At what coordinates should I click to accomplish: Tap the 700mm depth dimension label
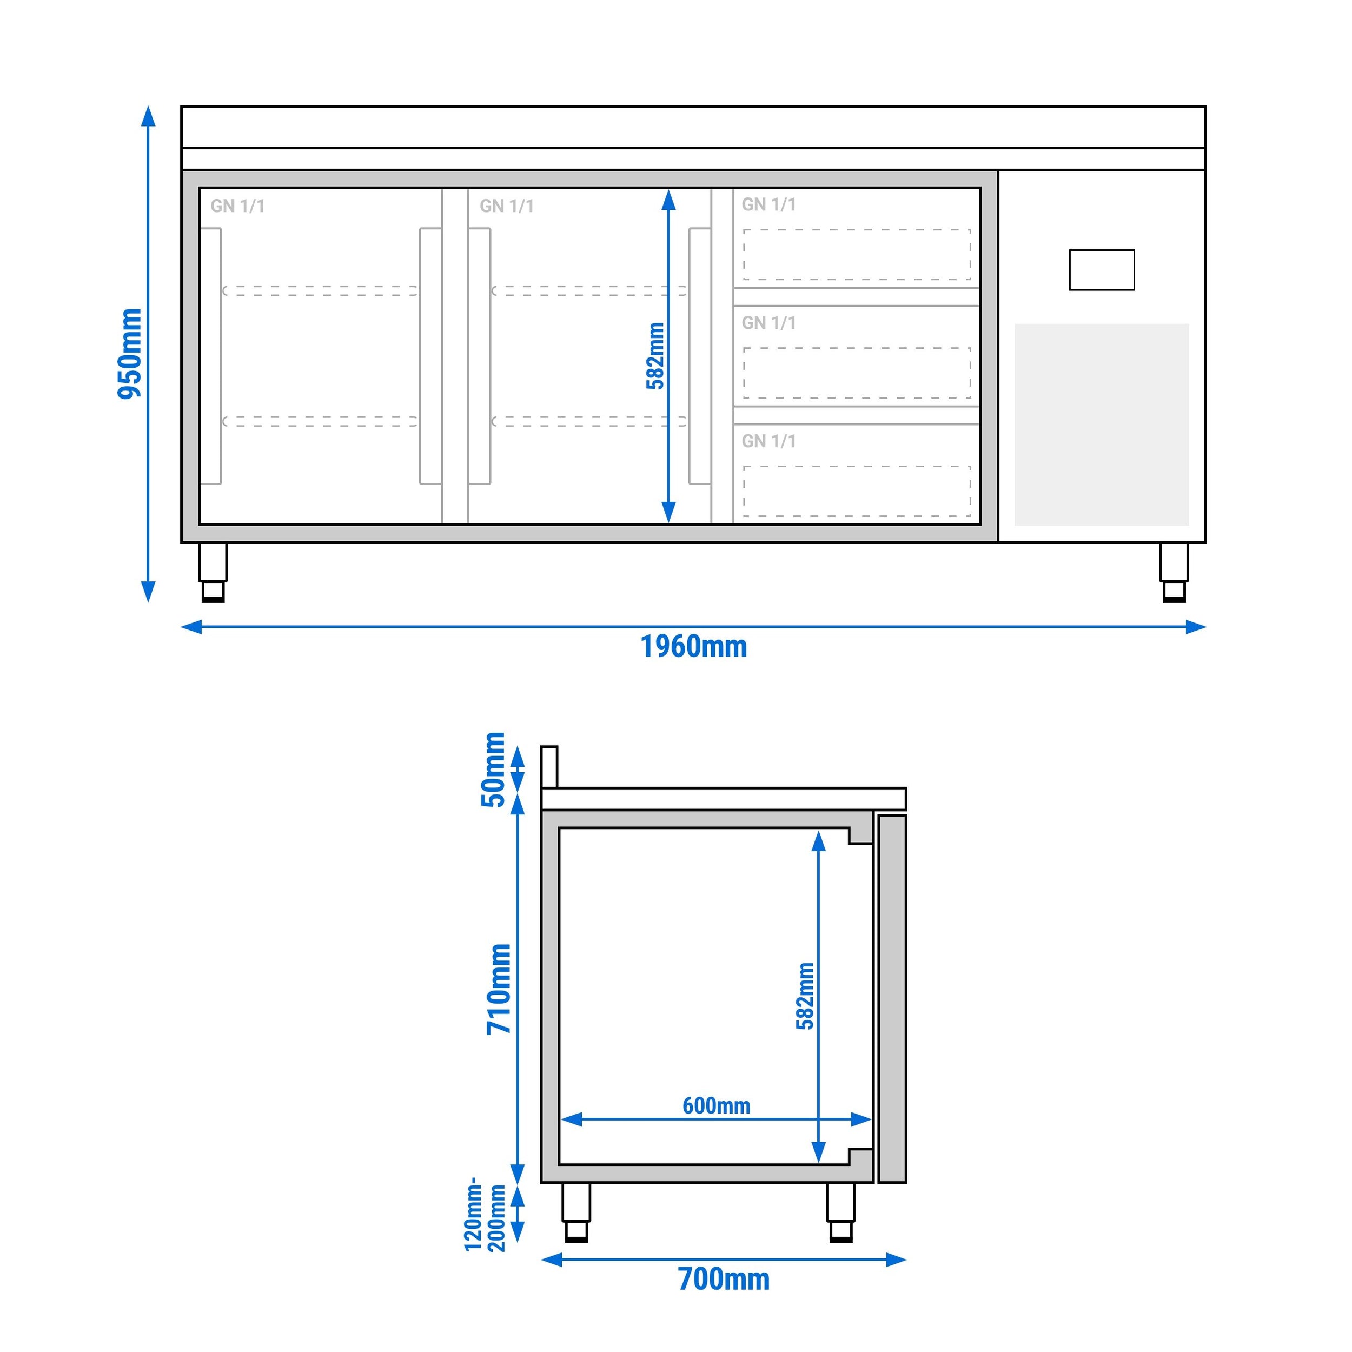[x=724, y=1279]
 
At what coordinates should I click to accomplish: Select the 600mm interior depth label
[x=716, y=1106]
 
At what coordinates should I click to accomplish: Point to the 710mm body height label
[x=500, y=989]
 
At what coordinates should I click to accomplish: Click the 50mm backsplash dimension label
[x=493, y=769]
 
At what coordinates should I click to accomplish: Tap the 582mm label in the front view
[x=655, y=355]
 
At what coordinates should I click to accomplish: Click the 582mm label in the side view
[x=805, y=996]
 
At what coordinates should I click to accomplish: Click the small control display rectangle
[x=1102, y=270]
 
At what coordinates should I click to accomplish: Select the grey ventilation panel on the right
[x=1102, y=424]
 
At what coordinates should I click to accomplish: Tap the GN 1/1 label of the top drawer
[x=768, y=204]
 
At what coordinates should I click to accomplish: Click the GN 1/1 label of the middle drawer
[x=768, y=323]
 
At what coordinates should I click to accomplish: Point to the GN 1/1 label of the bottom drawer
[x=768, y=441]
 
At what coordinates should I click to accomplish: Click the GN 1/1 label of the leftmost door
[x=237, y=206]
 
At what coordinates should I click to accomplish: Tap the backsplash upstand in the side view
[x=549, y=767]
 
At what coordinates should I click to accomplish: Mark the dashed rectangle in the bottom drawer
[x=857, y=491]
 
